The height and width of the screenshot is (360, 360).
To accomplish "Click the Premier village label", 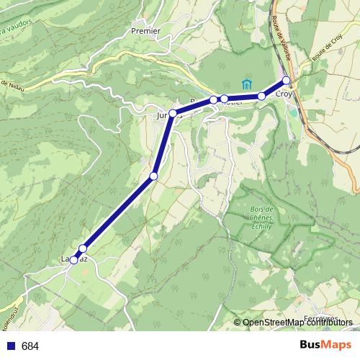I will click(145, 31).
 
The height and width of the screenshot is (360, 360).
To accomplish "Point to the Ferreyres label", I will click(322, 318).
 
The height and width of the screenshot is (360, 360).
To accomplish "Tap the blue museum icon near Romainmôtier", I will click(247, 84).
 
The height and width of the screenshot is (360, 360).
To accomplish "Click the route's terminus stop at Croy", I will click(286, 81).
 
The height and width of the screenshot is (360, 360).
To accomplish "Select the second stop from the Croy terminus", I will click(261, 96).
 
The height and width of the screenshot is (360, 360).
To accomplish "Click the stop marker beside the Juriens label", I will click(173, 113).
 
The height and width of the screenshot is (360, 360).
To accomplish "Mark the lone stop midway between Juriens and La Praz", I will click(153, 176).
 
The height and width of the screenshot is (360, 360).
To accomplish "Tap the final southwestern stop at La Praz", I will click(73, 260).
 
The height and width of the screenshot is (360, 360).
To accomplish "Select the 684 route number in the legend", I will click(30, 346).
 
